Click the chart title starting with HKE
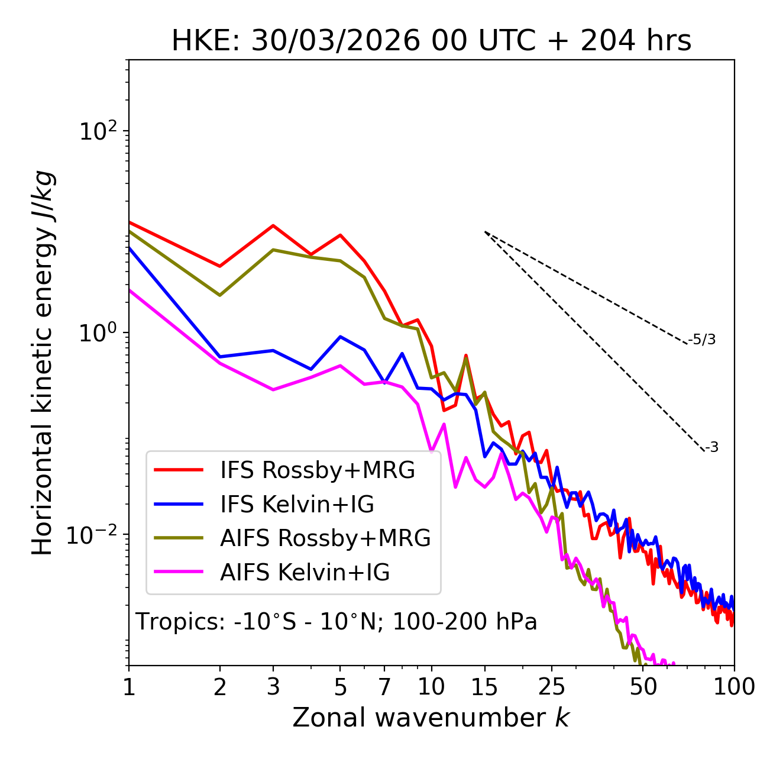[431, 41]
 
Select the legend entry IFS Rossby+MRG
[317, 470]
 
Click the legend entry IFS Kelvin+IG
[297, 505]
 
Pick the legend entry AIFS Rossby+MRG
[325, 538]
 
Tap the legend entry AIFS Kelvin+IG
[305, 573]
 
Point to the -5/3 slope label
[702, 340]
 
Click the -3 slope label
[711, 448]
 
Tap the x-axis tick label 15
[484, 687]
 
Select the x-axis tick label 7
[384, 687]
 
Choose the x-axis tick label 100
[734, 687]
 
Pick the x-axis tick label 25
[552, 687]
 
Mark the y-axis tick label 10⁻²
[95, 534]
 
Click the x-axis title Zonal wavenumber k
[431, 718]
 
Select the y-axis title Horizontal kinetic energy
[43, 363]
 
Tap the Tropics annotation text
[337, 622]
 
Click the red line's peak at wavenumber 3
[273, 225]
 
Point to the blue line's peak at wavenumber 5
[340, 337]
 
